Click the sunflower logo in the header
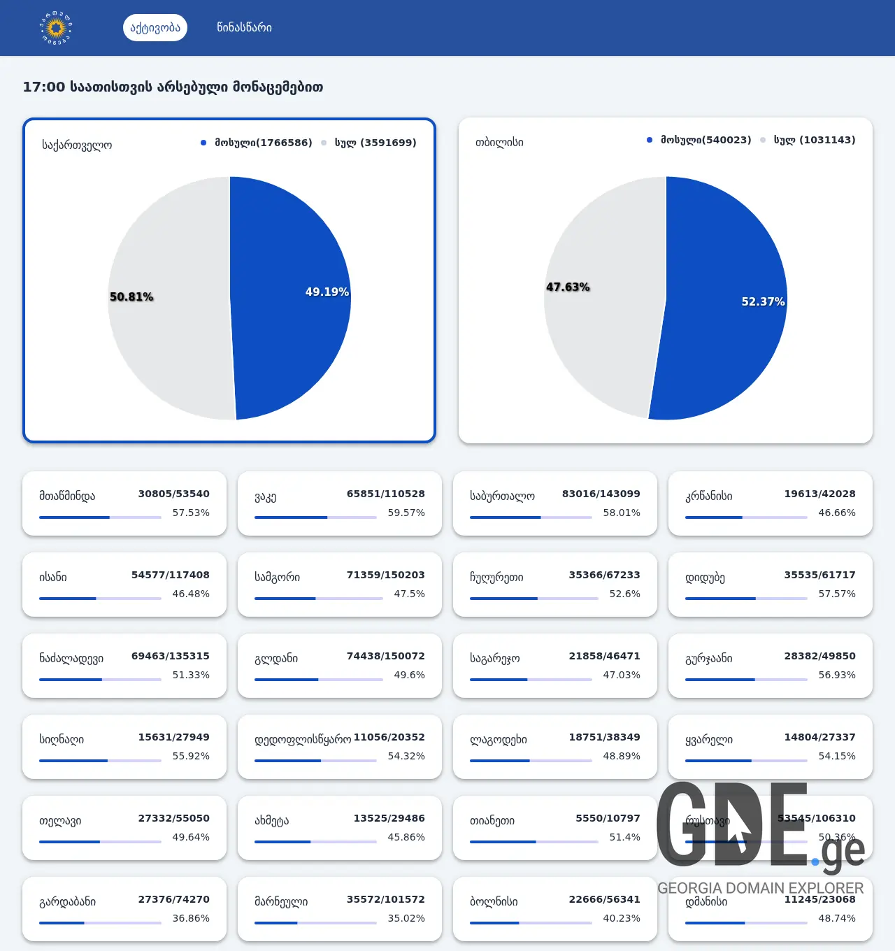tap(56, 28)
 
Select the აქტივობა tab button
tap(155, 28)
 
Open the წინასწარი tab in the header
tap(244, 28)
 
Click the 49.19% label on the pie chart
tap(327, 292)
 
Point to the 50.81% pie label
tap(131, 296)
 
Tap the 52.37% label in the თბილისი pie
tap(763, 301)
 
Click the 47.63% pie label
tap(568, 287)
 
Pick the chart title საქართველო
tap(77, 145)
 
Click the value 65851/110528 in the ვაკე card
tap(385, 494)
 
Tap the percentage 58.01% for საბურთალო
tap(622, 513)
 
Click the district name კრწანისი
tap(709, 496)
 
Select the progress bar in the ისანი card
tap(100, 599)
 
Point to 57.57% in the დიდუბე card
tap(837, 594)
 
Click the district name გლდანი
tap(276, 658)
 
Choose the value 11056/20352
tap(389, 737)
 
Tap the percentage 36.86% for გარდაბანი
tap(191, 918)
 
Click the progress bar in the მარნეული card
tap(315, 923)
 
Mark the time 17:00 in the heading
tap(43, 87)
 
